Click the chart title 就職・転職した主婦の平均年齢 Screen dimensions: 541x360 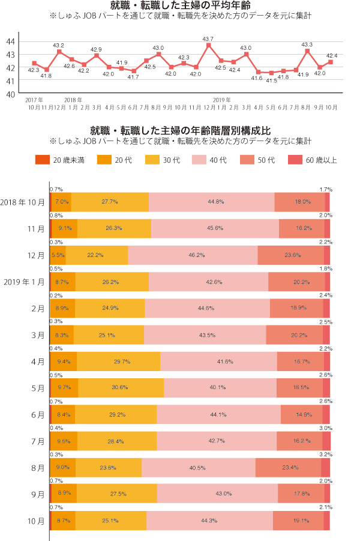click(x=180, y=7)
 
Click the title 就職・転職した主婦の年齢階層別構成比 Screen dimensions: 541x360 click(x=180, y=130)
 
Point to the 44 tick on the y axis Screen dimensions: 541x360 click(x=11, y=41)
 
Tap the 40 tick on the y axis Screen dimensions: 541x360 click(x=11, y=94)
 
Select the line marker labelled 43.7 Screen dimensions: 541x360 click(x=209, y=45)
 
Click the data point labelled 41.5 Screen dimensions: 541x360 click(x=271, y=73)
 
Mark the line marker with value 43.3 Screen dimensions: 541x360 click(x=307, y=51)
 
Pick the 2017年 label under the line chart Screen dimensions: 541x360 click(x=34, y=99)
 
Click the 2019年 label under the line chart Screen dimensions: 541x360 click(x=222, y=99)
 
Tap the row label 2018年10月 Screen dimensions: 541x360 click(x=23, y=202)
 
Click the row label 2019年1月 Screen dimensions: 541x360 click(x=23, y=282)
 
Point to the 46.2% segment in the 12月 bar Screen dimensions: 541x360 click(x=193, y=255)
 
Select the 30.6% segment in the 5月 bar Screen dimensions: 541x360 click(x=121, y=387)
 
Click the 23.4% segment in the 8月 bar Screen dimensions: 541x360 click(x=288, y=467)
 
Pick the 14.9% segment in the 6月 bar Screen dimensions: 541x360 click(x=301, y=414)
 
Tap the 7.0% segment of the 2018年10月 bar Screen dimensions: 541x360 click(x=62, y=202)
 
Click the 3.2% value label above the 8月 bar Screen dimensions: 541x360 click(x=325, y=454)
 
